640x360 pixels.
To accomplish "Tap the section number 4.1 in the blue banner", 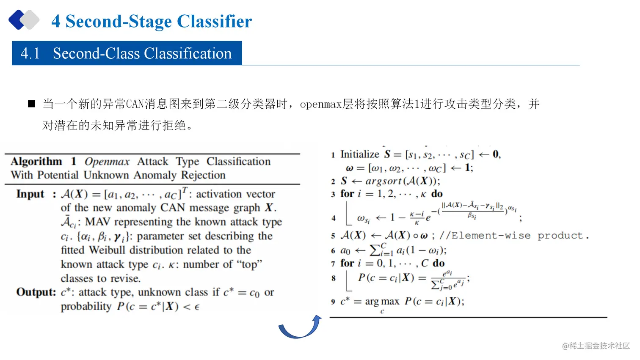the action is pyautogui.click(x=30, y=54).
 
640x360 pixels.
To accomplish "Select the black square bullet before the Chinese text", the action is pyautogui.click(x=31, y=104).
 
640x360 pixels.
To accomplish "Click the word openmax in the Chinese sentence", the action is pyautogui.click(x=320, y=104).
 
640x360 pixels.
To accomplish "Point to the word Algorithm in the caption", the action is pyautogui.click(x=36, y=162).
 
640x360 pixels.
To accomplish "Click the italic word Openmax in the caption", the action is pyautogui.click(x=107, y=162).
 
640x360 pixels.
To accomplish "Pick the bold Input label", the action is pyautogui.click(x=30, y=194).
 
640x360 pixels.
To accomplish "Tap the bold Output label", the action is pyautogui.click(x=36, y=292).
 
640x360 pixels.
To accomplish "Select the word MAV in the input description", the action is pyautogui.click(x=98, y=222).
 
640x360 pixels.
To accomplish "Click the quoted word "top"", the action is pyautogui.click(x=250, y=264).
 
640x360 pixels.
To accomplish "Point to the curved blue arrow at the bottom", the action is pyautogui.click(x=300, y=327).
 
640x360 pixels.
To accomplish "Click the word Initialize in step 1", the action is pyautogui.click(x=360, y=154).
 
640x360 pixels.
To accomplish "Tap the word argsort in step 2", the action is pyautogui.click(x=383, y=181).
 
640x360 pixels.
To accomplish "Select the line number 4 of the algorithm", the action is pyautogui.click(x=334, y=218).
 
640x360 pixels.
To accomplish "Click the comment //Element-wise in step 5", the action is pyautogui.click(x=485, y=236).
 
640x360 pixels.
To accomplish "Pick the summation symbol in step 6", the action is pyautogui.click(x=375, y=250).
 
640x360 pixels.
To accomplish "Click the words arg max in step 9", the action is pyautogui.click(x=382, y=302).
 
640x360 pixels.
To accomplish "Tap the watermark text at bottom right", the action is pyautogui.click(x=596, y=346).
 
